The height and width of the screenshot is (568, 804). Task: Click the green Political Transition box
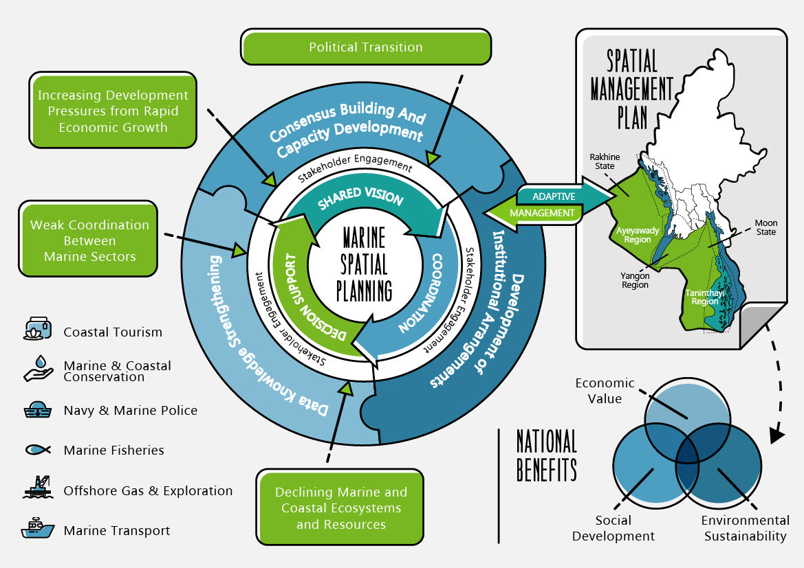(365, 47)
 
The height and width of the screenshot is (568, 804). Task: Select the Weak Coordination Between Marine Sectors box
(89, 240)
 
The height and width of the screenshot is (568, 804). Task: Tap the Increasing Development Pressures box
(113, 111)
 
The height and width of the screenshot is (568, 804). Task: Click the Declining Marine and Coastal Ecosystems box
(341, 508)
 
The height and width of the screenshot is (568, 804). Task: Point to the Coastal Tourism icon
(37, 330)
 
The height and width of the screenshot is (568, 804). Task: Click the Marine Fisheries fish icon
(38, 450)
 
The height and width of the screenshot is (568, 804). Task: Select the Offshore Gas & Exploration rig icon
(38, 488)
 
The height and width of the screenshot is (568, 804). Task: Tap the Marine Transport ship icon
(38, 529)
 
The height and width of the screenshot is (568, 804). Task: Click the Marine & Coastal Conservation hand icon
(38, 370)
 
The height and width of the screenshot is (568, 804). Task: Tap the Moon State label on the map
(765, 227)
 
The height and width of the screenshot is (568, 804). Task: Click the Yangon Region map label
(635, 280)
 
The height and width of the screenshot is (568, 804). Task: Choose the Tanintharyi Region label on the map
(702, 297)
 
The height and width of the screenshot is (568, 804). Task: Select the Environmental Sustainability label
(745, 528)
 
